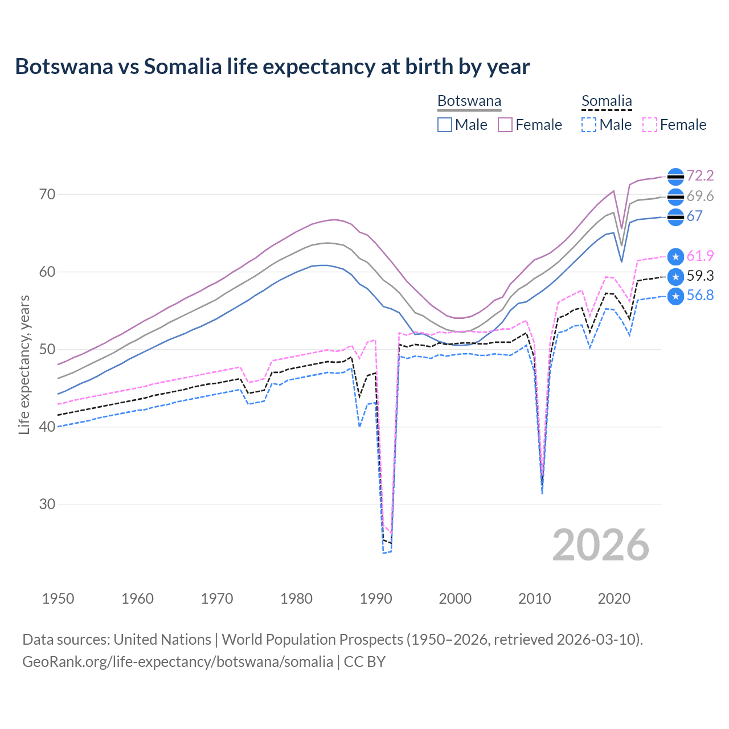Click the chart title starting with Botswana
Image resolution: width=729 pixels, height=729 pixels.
coord(272,67)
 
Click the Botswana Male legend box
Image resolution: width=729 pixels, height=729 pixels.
coord(445,125)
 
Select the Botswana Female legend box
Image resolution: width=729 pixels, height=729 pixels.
coord(505,125)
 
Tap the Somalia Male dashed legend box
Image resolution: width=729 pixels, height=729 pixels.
coord(589,125)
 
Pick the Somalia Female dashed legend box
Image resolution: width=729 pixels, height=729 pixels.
coord(649,125)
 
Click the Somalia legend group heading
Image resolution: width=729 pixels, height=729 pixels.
coord(607,101)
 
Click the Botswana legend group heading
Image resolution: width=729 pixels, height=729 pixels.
coord(469,101)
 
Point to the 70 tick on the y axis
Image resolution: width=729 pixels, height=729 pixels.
coord(47,195)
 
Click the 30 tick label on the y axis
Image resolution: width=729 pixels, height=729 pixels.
coord(47,505)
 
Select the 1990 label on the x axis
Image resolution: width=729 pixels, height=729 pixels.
coord(376,599)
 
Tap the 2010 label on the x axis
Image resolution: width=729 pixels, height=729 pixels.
coord(534,599)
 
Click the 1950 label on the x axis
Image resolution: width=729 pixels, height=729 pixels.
coord(58,599)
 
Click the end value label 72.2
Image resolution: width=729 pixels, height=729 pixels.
coord(700,176)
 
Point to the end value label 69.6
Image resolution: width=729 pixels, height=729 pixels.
coord(700,196)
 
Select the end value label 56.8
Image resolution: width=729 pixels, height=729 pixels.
coord(700,295)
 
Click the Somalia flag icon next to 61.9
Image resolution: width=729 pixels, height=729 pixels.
coord(675,257)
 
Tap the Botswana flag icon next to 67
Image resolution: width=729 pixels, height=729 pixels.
coord(675,217)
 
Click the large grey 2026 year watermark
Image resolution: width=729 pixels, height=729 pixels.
coord(601,545)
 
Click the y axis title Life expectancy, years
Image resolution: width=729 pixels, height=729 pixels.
coord(24,364)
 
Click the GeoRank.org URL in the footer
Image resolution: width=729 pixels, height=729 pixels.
coord(178,662)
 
